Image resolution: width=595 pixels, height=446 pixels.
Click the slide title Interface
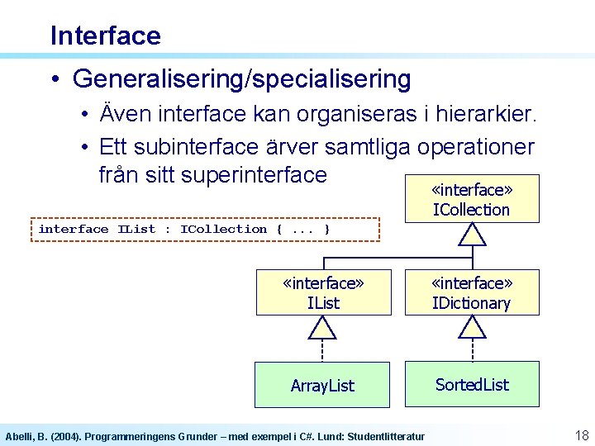[x=105, y=36]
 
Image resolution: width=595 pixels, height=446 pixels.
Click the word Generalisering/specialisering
[x=241, y=79]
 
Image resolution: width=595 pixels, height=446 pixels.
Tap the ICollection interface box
[x=471, y=199]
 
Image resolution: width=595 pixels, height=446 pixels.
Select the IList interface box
[x=323, y=293]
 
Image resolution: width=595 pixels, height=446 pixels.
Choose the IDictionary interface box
[x=471, y=293]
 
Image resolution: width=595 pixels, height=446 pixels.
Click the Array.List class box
[x=322, y=385]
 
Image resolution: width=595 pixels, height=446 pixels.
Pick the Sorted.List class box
[x=472, y=384]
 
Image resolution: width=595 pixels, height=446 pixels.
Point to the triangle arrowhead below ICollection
[x=472, y=235]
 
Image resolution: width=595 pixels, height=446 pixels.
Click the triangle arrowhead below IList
[x=322, y=329]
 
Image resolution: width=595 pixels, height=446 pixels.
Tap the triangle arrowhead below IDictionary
[x=472, y=329]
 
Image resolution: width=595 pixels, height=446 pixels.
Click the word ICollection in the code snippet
[x=223, y=229]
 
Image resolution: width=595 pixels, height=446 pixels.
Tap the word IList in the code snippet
[x=136, y=229]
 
